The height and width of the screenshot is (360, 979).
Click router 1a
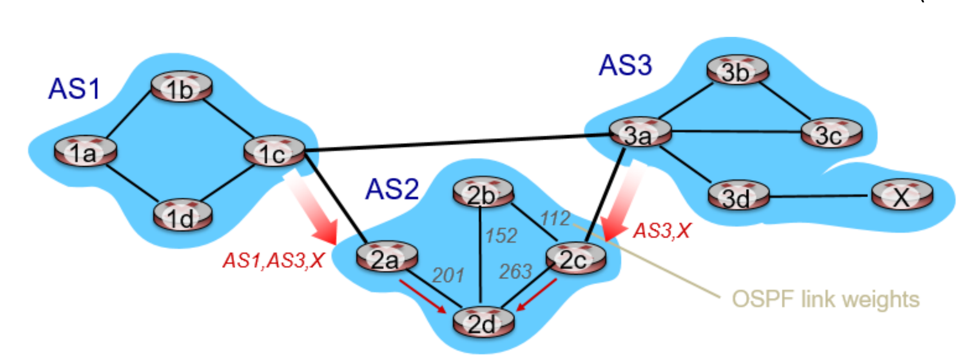[x=85, y=151]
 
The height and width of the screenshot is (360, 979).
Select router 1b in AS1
[x=181, y=87]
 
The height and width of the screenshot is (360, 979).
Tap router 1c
[x=274, y=152]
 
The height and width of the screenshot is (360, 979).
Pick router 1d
[x=182, y=216]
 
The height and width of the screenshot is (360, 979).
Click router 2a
[x=386, y=257]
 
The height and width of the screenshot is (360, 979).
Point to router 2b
[x=483, y=193]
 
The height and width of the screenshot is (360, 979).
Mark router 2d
[x=483, y=322]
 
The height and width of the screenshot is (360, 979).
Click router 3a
[x=640, y=133]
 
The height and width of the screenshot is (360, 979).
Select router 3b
[x=737, y=71]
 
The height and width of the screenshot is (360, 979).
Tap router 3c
[x=831, y=133]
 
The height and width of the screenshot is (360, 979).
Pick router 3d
[x=738, y=196]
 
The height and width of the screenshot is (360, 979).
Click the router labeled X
[x=901, y=195]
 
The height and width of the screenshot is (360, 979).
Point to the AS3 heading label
[x=625, y=65]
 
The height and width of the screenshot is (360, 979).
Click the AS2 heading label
[x=392, y=188]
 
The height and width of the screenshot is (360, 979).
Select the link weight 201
[x=448, y=275]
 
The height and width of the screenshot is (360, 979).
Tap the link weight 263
[x=516, y=271]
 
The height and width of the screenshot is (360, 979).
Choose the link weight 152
[x=501, y=236]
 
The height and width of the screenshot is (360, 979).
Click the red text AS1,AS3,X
[x=273, y=261]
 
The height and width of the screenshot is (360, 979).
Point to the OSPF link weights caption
[x=825, y=299]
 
